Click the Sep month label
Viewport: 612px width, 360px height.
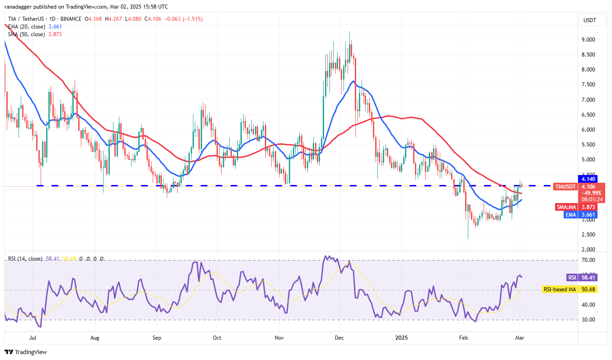pyautogui.click(x=157, y=337)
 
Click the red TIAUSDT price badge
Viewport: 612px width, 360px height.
pyautogui.click(x=565, y=186)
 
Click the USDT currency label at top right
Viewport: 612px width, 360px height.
pyautogui.click(x=589, y=20)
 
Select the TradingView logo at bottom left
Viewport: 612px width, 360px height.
pyautogui.click(x=26, y=352)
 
